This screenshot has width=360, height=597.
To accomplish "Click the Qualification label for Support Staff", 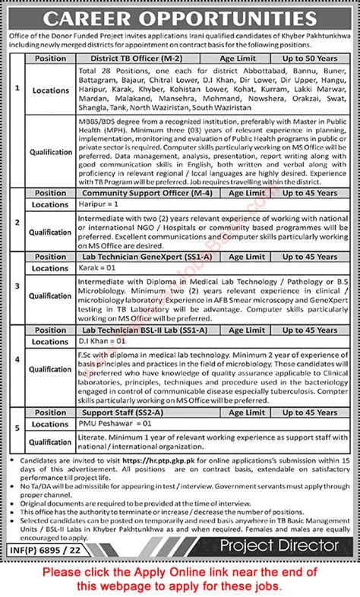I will coord(51,441).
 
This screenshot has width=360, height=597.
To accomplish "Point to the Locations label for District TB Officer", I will coord(51,90).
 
